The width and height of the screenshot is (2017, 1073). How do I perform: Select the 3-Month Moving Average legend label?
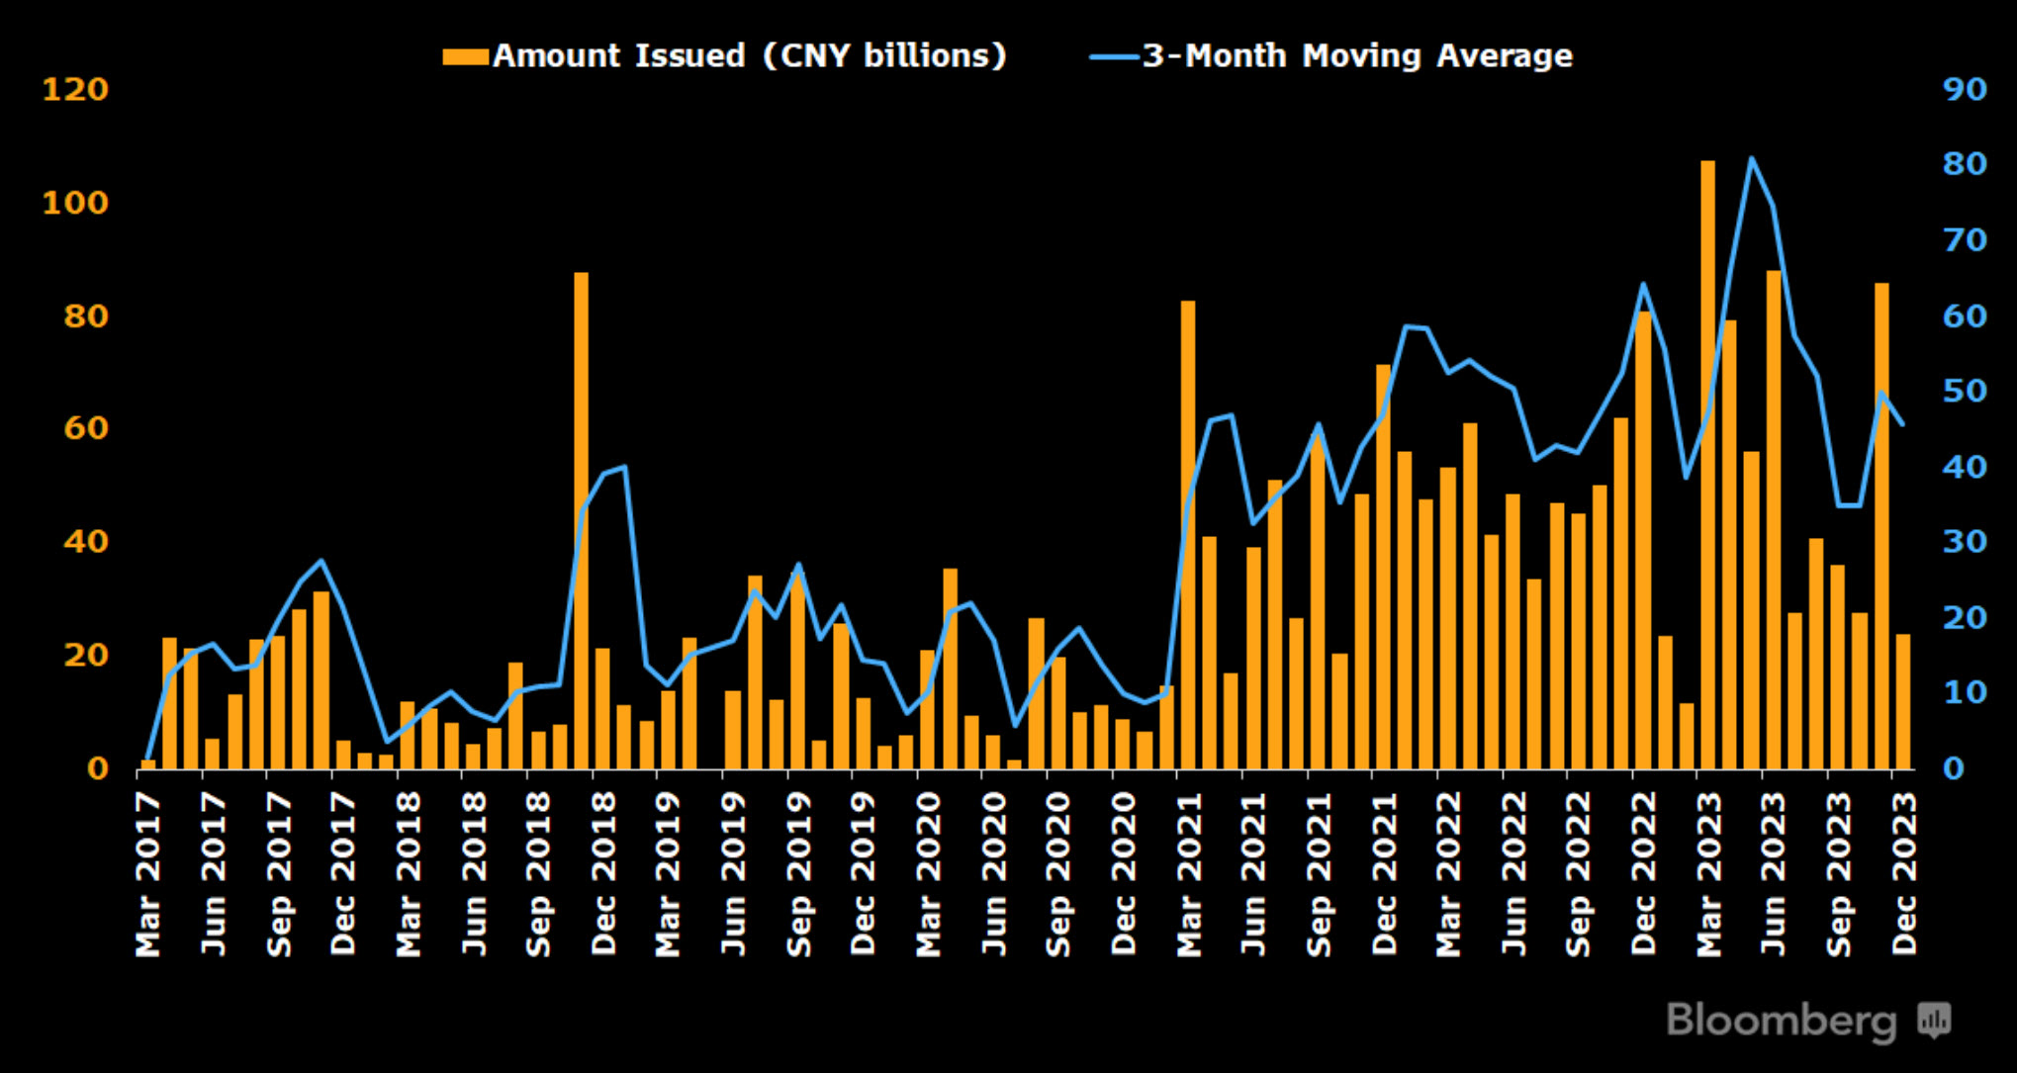point(1356,55)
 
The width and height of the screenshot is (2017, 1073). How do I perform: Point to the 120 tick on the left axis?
point(75,90)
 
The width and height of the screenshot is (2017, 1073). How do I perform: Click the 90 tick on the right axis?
point(1965,90)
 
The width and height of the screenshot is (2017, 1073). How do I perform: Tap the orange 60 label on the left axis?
point(86,428)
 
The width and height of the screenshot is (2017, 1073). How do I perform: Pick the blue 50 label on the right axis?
point(1965,392)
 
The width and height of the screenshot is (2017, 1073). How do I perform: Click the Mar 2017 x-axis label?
point(148,874)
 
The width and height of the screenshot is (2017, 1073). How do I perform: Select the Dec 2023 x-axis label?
point(1904,874)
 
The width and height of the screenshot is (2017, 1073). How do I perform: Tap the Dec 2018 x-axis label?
point(603,874)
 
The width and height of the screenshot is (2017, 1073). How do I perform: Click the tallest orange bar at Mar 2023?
point(1707,465)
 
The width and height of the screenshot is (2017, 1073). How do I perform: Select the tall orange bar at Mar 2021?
point(1187,534)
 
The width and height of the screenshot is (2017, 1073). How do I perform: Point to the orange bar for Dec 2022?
point(1643,540)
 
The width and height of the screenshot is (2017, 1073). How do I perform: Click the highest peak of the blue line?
point(1751,158)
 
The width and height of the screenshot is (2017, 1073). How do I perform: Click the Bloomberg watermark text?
point(1782,1021)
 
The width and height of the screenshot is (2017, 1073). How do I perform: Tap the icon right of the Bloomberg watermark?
point(1935,1019)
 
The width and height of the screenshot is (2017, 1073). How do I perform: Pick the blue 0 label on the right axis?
point(1954,768)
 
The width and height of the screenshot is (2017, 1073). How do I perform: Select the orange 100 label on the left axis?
point(75,203)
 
